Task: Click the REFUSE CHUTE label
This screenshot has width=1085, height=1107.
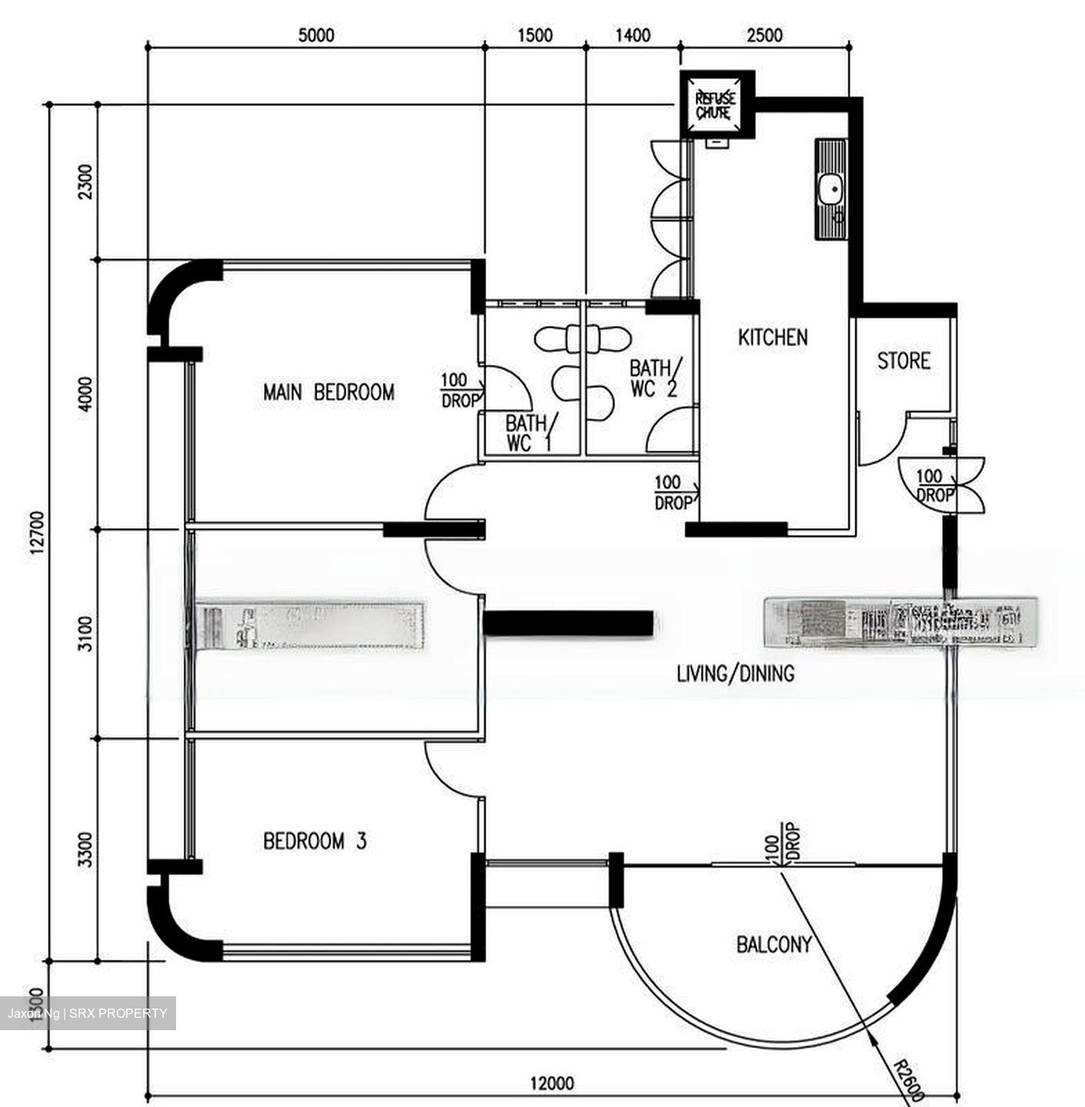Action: [715, 105]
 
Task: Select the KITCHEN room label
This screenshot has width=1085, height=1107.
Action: [772, 337]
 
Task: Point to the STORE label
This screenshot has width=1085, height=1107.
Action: [904, 360]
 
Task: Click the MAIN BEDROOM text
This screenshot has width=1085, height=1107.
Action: [328, 392]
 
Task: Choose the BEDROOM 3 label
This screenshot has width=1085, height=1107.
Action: [315, 841]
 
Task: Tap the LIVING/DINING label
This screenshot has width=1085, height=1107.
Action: [735, 674]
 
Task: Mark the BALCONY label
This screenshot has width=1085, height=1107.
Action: [774, 944]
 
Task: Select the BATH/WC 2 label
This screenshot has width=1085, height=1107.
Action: [654, 377]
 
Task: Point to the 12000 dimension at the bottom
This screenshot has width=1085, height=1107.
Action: [551, 1084]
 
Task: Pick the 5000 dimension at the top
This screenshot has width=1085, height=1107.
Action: [315, 35]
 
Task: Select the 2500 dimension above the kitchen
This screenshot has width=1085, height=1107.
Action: [764, 35]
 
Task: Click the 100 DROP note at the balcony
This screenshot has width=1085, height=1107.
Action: [782, 843]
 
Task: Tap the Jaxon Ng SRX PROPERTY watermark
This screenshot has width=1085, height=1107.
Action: [87, 1013]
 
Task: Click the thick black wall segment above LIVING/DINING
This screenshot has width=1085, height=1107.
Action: [568, 623]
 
